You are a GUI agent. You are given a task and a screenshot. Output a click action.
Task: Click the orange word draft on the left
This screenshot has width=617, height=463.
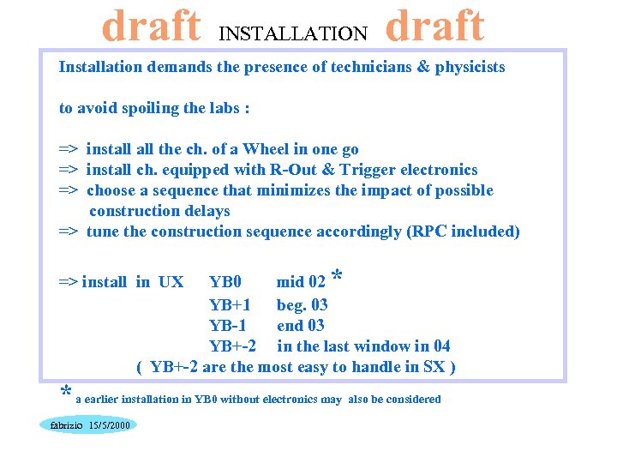[152, 27]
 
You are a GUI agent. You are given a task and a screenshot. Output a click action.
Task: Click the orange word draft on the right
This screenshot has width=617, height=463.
[434, 27]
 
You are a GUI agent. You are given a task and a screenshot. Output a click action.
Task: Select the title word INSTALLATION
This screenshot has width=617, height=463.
[293, 34]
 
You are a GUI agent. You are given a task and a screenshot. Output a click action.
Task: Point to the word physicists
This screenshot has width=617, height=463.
[470, 67]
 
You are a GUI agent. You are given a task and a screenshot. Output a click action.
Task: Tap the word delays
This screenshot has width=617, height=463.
[205, 211]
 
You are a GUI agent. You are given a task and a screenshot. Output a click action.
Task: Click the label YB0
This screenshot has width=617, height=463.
[225, 282]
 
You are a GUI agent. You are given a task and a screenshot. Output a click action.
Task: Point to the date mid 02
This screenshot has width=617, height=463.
[301, 282]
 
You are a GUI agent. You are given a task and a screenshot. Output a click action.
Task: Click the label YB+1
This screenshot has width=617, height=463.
[230, 305]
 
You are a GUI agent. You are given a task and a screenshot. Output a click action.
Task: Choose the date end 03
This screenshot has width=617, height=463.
[301, 326]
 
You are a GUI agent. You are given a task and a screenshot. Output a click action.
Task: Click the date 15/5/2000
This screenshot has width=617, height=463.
[109, 425]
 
